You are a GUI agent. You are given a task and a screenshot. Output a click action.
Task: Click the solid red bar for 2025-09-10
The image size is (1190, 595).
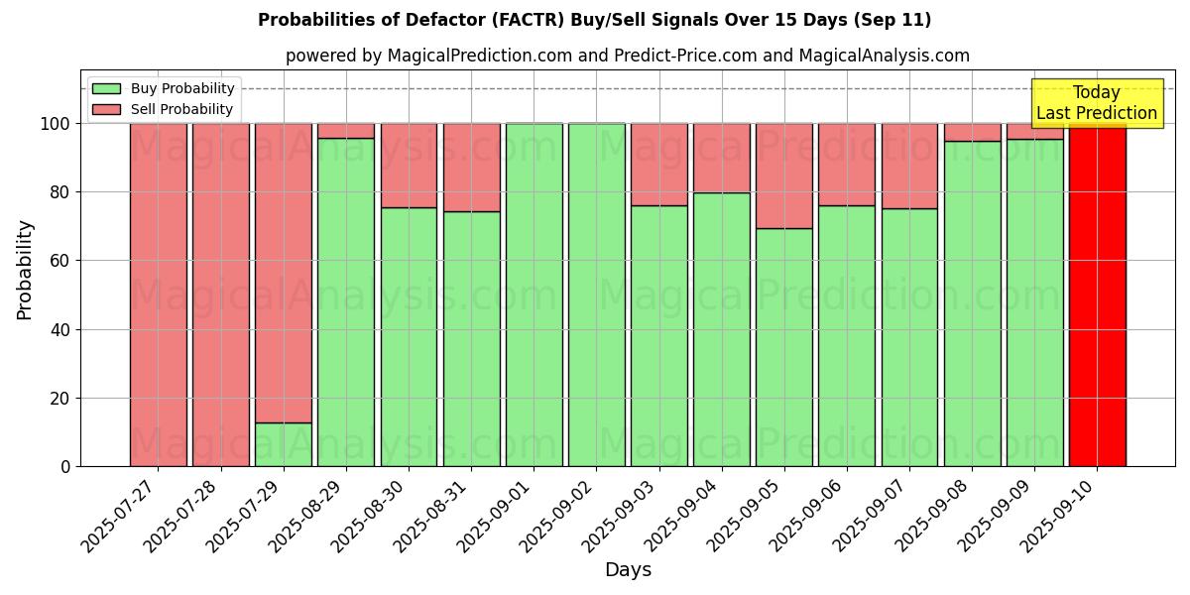click(1097, 295)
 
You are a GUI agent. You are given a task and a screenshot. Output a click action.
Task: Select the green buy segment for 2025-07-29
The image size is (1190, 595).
click(284, 444)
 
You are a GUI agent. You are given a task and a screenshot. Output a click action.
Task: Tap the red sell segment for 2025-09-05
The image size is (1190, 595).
click(784, 176)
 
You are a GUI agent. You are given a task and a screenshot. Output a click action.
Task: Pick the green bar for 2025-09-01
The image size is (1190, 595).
click(534, 295)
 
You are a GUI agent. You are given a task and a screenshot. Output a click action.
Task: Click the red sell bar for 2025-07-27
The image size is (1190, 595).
click(159, 295)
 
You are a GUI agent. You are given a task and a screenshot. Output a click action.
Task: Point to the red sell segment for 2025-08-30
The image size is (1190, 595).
click(409, 165)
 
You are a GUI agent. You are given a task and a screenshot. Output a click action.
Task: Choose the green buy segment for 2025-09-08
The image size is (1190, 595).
click(972, 303)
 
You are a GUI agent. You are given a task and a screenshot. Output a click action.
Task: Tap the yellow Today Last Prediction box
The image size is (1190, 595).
click(1097, 103)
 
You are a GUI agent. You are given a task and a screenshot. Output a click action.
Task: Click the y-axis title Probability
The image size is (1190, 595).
click(25, 270)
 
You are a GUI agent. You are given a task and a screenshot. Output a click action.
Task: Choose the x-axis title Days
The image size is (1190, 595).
click(628, 570)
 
